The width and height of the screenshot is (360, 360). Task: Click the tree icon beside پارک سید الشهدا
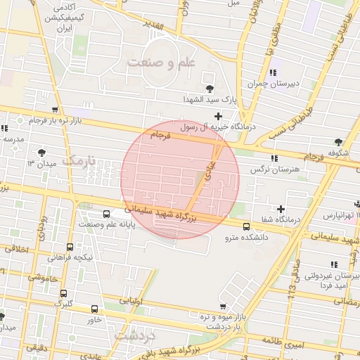pyautogui.click(x=210, y=88)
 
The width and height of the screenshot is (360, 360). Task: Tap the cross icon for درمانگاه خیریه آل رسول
pyautogui.click(x=219, y=115)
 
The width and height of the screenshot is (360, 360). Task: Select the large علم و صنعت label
pyautogui.click(x=160, y=63)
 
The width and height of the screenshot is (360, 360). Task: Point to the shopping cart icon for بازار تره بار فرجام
pyautogui.click(x=55, y=110)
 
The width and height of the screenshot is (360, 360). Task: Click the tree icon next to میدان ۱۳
pyautogui.click(x=44, y=151)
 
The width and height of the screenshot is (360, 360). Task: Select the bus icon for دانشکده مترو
pyautogui.click(x=246, y=226)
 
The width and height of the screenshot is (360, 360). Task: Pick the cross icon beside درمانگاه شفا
pyautogui.click(x=281, y=209)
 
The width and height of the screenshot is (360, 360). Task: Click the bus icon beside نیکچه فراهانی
pyautogui.click(x=70, y=247)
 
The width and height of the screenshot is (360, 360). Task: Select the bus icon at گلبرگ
pyautogui.click(x=64, y=294)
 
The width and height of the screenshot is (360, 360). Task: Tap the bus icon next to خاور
pyautogui.click(x=95, y=309)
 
